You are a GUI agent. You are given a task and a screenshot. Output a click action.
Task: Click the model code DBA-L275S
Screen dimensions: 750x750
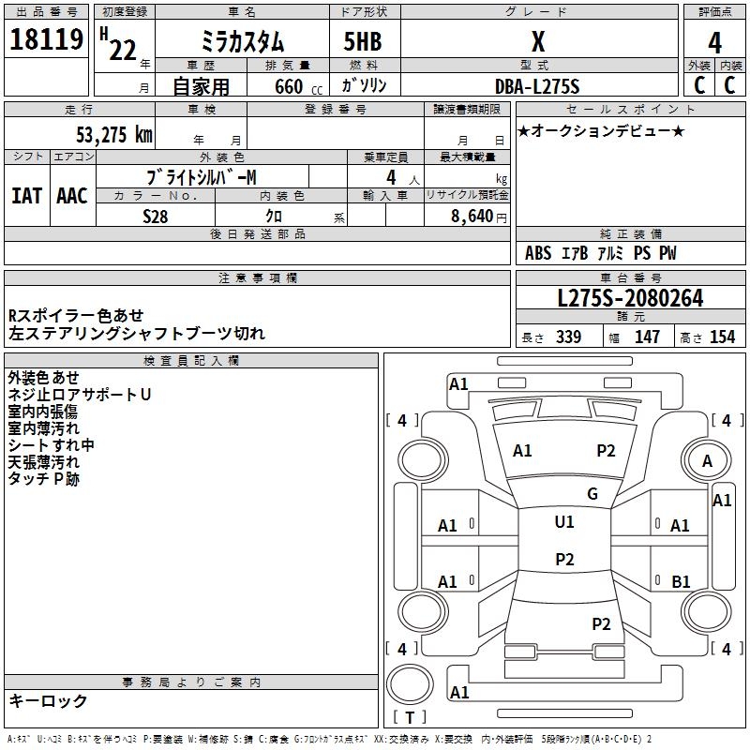(537, 86)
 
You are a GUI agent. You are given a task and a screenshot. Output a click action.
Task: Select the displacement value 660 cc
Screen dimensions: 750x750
(282, 86)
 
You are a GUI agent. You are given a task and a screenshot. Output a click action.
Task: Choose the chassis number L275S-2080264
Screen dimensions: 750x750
(630, 298)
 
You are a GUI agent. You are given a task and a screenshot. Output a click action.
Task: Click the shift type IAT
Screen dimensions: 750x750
(26, 195)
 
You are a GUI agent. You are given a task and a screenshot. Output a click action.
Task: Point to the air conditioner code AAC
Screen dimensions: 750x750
(72, 195)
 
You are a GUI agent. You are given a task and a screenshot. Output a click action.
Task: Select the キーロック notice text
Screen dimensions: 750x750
(48, 700)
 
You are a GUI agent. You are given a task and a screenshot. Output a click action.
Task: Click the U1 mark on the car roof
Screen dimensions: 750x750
(563, 522)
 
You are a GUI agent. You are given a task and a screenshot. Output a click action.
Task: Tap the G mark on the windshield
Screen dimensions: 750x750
(592, 494)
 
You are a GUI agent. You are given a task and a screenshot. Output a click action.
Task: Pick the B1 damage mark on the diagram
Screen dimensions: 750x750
(681, 582)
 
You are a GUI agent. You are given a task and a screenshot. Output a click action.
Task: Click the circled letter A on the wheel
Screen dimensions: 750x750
(708, 461)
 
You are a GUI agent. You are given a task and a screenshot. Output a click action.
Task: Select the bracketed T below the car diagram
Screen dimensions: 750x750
(410, 718)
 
